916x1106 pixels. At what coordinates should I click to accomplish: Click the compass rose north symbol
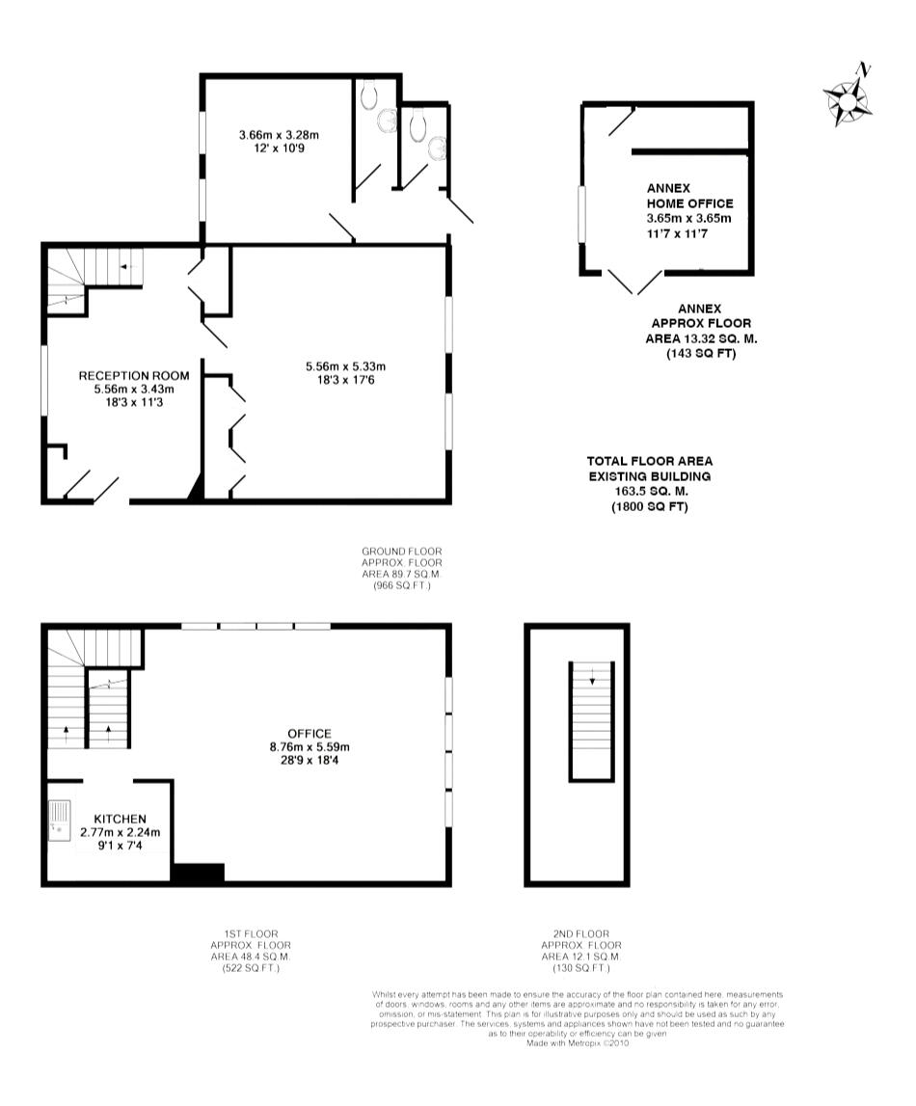click(x=849, y=95)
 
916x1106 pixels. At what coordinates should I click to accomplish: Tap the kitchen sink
click(x=60, y=820)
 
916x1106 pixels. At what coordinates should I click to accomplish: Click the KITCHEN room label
click(x=120, y=819)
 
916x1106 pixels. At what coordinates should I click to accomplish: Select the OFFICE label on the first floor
click(x=309, y=734)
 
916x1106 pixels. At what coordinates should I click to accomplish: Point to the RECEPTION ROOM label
click(x=134, y=376)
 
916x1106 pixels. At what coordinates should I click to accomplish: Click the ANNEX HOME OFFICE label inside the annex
click(x=689, y=196)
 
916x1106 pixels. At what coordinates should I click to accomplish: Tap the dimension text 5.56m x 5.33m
click(x=345, y=366)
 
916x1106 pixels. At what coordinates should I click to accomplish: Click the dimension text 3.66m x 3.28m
click(x=279, y=135)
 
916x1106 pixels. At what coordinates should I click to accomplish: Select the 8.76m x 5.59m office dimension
click(x=310, y=747)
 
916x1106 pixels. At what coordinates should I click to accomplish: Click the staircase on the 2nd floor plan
click(x=592, y=721)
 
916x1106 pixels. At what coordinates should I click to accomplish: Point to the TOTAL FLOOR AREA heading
click(x=650, y=461)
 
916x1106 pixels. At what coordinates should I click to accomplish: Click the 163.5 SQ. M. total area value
click(x=651, y=492)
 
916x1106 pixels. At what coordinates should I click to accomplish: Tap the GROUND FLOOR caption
click(x=402, y=552)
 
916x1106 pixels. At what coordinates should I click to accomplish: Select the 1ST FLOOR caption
click(x=251, y=934)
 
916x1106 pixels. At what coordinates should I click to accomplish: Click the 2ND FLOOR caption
click(x=581, y=934)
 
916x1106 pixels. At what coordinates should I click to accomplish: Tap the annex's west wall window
click(x=582, y=214)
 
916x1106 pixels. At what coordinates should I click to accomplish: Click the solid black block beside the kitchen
click(x=199, y=873)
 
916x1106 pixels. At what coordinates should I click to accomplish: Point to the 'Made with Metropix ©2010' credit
click(x=578, y=1043)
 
